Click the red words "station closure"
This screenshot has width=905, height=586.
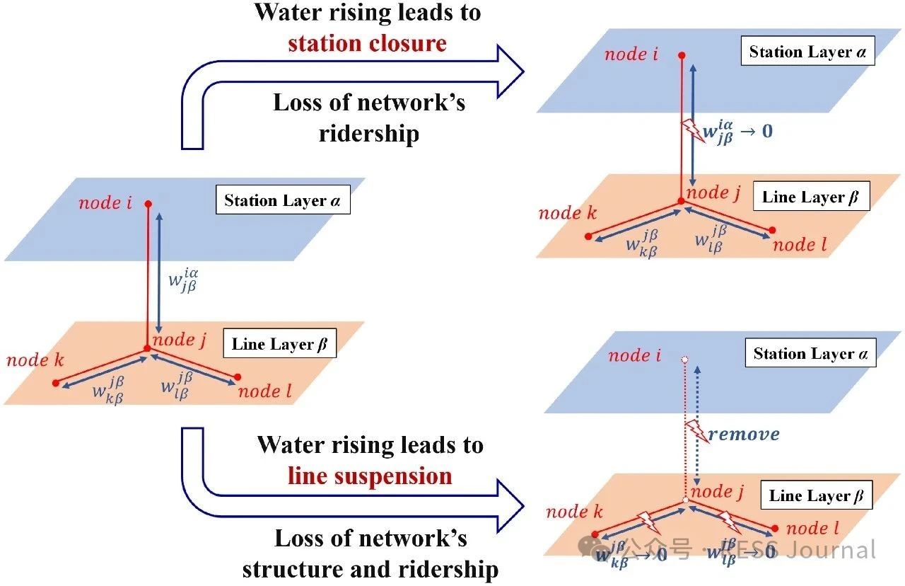pos(367,43)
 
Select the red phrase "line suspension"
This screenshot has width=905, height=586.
pos(370,476)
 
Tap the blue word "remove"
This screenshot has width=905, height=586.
pos(744,434)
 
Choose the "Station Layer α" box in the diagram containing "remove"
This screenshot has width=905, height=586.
pos(810,353)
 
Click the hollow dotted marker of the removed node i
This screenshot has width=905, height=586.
pos(684,360)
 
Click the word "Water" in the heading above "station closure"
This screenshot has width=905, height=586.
pos(292,12)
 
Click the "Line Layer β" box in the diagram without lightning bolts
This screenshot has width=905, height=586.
pos(279,345)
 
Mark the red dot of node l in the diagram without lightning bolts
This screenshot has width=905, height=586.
pos(237,377)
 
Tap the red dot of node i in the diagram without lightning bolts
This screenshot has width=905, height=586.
pos(148,205)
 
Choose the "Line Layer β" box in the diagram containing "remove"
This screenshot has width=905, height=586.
pos(816,495)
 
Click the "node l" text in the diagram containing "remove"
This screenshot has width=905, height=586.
pos(812,528)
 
